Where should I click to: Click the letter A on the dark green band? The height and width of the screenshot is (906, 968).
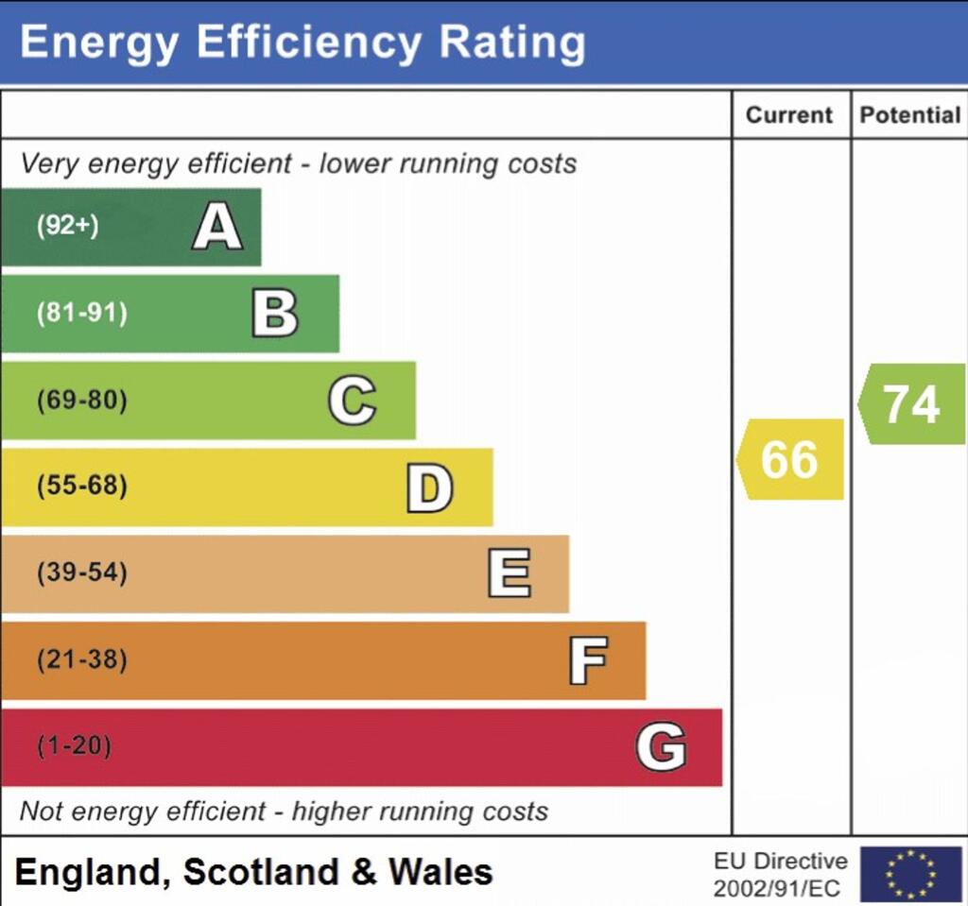216,228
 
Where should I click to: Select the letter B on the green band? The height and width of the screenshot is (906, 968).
275,314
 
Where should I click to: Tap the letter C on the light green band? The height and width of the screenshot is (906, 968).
352,401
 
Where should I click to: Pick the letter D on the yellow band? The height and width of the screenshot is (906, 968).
429,488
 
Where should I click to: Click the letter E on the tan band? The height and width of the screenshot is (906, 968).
509,574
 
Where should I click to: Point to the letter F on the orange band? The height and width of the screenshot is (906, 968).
587,660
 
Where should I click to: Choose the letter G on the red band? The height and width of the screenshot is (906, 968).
661,747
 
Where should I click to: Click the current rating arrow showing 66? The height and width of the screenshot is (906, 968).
790,459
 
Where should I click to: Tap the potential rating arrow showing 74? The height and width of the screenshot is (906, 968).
911,404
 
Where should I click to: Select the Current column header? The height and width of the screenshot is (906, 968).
789,115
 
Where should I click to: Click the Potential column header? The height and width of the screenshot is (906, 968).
909,115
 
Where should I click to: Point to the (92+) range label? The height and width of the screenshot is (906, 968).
68,227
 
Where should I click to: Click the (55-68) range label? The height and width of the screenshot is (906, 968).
81,487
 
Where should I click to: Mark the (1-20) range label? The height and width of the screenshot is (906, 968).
74,746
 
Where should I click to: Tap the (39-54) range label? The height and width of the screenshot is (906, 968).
81,573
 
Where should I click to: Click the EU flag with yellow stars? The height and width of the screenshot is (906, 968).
910,874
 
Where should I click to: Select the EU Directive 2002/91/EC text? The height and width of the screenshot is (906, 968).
780,875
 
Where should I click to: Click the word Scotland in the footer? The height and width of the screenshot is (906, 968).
261,871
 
